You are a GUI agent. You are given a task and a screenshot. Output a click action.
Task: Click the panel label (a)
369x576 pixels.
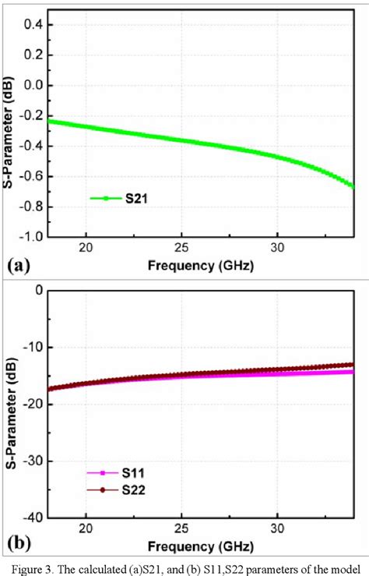pyautogui.click(x=19, y=266)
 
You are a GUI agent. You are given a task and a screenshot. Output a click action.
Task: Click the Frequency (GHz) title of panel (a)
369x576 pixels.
pyautogui.click(x=200, y=266)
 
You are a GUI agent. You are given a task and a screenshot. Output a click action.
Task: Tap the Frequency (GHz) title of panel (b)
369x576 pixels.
pyautogui.click(x=200, y=542)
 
